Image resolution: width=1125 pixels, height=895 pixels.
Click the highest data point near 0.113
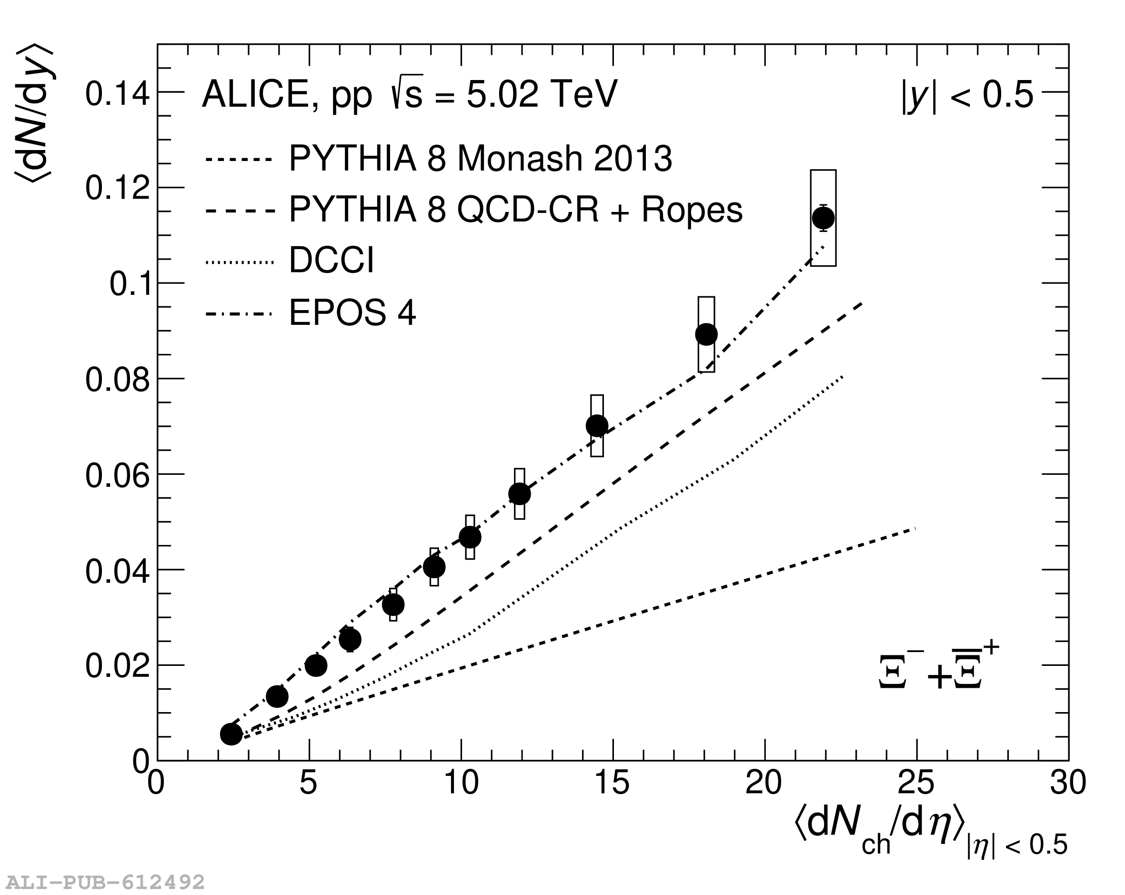[823, 218]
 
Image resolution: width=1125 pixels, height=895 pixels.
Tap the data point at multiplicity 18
[706, 334]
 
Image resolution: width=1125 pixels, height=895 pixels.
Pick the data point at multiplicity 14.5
[597, 425]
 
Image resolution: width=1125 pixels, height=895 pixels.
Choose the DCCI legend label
[331, 261]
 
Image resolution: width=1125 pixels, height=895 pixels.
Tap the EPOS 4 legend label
[352, 313]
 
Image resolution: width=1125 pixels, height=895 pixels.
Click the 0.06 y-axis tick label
[117, 477]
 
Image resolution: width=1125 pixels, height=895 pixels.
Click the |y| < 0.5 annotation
[967, 95]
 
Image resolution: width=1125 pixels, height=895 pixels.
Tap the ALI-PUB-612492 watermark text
[105, 883]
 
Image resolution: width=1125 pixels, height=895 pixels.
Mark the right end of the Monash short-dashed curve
[914, 529]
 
